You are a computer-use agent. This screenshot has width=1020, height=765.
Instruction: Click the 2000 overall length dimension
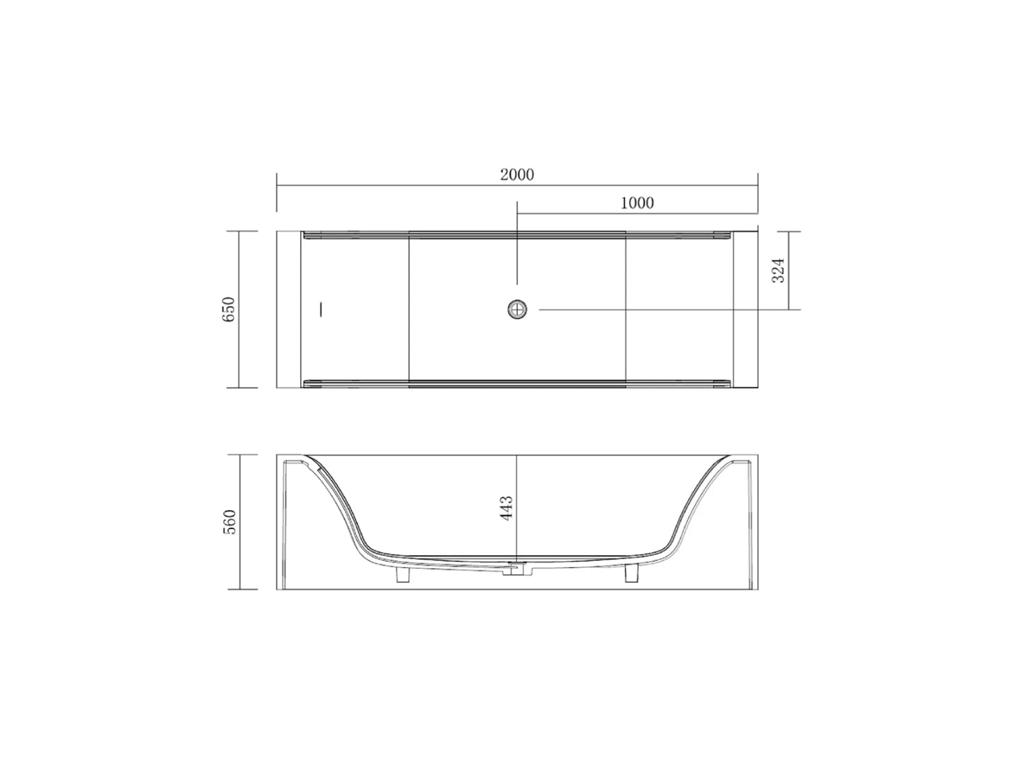tap(517, 175)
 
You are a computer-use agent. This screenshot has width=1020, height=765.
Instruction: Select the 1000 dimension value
tap(637, 203)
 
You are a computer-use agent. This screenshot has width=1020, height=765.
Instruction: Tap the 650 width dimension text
tap(228, 310)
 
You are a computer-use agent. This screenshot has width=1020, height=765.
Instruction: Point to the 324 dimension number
tap(778, 271)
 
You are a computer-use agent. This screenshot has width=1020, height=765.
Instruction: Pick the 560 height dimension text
tap(228, 522)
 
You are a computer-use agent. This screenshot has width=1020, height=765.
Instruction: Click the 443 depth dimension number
tap(506, 509)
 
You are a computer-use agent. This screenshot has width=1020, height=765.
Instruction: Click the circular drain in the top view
tap(518, 310)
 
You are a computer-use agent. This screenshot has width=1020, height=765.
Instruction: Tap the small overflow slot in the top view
tap(322, 310)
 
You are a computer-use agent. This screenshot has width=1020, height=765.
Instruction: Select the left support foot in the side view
tap(402, 574)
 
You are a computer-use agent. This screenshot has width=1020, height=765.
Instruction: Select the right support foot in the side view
tap(632, 574)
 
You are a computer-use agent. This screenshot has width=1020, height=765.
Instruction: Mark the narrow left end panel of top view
tap(289, 310)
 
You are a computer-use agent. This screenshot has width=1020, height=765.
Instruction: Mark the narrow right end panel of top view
tap(745, 310)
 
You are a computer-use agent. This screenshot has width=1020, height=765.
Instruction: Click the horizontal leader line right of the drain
tap(666, 310)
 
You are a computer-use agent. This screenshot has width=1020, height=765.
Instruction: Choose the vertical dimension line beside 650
tap(239, 310)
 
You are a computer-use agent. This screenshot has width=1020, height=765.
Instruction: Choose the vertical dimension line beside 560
tap(239, 522)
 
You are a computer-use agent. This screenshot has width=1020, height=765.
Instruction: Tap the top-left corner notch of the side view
tap(290, 463)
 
